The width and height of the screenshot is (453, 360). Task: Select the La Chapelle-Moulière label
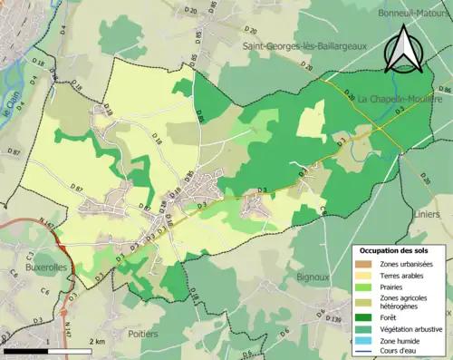[400, 98]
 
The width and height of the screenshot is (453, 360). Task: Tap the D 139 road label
[334, 320]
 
